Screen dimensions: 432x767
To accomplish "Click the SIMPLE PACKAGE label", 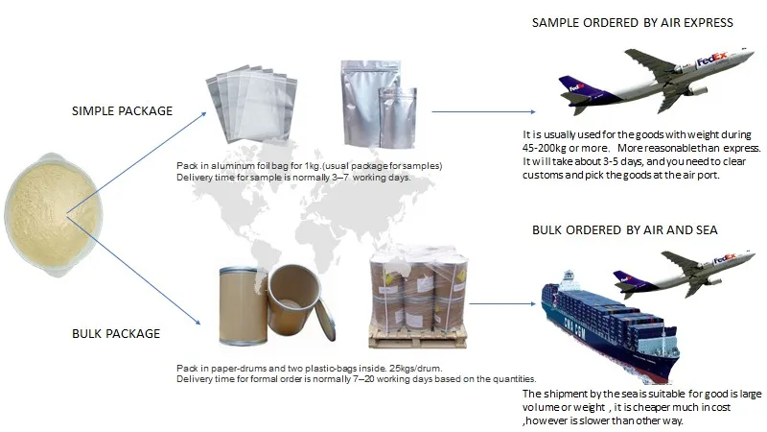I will [x=123, y=111].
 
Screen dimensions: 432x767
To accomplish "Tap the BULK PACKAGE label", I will [x=116, y=334].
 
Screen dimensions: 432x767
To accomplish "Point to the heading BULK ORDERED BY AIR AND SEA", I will [x=624, y=230].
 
